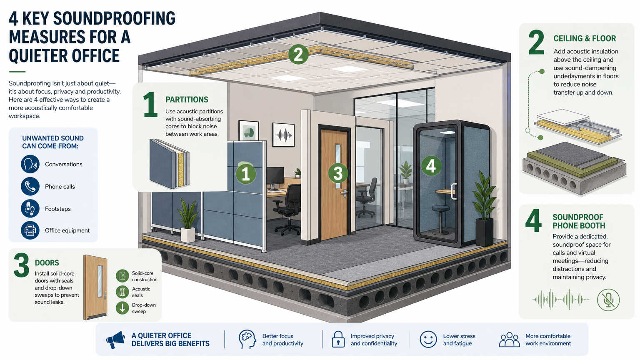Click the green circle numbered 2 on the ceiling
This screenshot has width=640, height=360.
pos(298,54)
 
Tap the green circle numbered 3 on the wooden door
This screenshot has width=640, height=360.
pos(338,173)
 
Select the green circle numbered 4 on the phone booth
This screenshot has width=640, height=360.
pos(431,166)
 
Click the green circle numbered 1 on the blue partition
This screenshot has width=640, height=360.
pos(246,174)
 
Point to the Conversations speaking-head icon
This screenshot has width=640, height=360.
pos(30,164)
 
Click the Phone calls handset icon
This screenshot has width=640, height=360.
pos(30,186)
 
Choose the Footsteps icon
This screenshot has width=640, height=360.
pos(30,208)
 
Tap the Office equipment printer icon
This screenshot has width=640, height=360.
pos(30,230)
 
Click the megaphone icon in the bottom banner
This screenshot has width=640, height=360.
pos(116,340)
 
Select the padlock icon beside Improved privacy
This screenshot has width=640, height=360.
pos(338,340)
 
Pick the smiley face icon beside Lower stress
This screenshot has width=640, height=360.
pos(428,340)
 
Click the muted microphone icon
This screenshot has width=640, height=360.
pos(608,300)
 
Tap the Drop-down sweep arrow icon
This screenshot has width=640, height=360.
pos(122,308)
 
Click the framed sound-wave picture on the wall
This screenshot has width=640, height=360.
pos(283,135)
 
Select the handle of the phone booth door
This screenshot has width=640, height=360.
pos(453,191)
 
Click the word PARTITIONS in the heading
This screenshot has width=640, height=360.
pos(187,100)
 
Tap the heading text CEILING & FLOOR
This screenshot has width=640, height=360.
pos(585,38)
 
